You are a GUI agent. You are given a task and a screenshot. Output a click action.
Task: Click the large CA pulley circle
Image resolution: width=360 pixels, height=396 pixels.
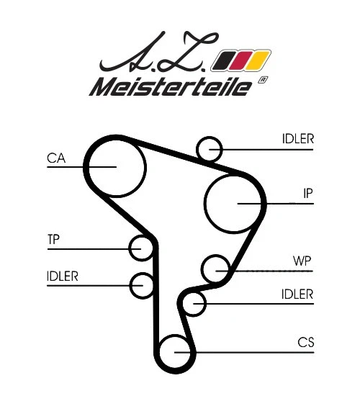tap(115, 166)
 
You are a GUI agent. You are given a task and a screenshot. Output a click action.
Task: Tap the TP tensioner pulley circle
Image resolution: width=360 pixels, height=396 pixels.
tap(141, 248)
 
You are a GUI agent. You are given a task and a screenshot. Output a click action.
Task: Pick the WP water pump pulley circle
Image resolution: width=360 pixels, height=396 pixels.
tap(215, 269)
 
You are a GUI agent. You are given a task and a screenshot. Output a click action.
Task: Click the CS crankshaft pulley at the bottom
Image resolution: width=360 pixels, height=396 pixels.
tap(174, 352)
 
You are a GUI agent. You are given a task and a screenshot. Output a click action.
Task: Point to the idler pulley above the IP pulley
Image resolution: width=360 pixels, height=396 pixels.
tap(210, 148)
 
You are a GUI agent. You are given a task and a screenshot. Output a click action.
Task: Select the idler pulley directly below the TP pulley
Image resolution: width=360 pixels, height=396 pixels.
tap(142, 285)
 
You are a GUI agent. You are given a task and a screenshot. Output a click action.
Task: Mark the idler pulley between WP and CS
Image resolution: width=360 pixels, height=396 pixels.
tap(194, 304)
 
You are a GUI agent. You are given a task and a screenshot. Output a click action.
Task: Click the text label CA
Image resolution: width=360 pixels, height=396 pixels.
tap(56, 158)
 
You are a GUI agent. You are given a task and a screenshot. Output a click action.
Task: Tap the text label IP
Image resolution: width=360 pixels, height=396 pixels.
tap(307, 193)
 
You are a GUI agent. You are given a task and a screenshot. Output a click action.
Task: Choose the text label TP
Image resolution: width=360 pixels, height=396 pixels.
tap(54, 239)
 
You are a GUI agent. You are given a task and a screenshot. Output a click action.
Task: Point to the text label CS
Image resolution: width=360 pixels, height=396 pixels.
tap(305, 343)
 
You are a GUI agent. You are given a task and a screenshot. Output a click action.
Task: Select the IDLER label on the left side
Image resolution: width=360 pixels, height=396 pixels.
tap(62, 276)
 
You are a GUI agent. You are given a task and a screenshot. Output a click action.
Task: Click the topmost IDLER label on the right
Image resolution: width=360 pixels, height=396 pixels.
tap(297, 139)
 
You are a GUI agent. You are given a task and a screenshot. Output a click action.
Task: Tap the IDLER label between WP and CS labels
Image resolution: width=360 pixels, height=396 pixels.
tap(297, 294)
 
